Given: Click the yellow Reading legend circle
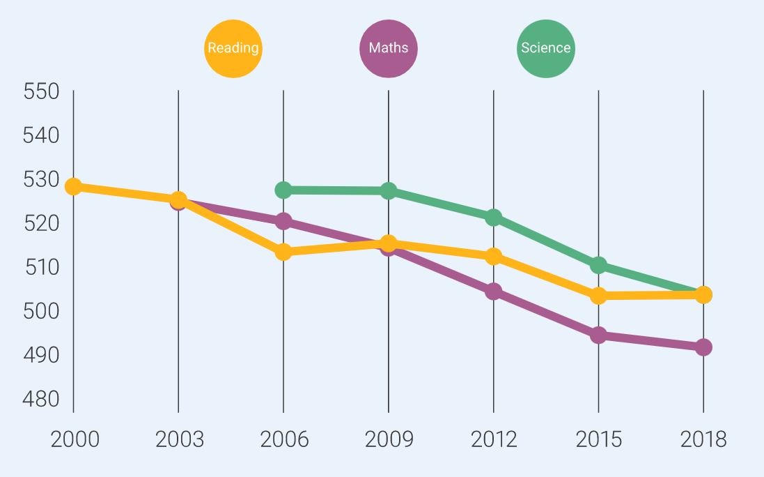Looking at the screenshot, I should click(233, 48).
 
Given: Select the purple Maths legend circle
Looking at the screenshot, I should click(389, 48).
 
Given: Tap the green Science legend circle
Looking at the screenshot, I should click(546, 48).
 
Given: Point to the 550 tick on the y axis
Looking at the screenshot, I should click(41, 91).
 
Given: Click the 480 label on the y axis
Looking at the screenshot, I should click(41, 399).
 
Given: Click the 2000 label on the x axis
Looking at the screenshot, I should click(74, 439).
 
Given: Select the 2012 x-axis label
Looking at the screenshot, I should click(494, 439).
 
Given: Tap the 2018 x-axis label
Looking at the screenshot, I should click(703, 439).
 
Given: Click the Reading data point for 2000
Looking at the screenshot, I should click(73, 187).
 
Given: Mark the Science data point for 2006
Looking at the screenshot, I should click(283, 190).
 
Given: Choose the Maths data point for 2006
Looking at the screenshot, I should click(283, 221).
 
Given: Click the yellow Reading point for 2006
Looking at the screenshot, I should click(283, 252).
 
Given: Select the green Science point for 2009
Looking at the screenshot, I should click(389, 190).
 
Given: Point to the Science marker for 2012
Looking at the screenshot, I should click(494, 217).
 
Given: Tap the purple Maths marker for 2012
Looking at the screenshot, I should click(494, 291).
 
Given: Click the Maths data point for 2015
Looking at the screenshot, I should click(598, 335).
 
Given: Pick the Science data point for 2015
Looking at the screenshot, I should click(598, 265).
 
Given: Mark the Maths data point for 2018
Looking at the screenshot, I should click(703, 347).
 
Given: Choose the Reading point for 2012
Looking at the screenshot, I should click(494, 256).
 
